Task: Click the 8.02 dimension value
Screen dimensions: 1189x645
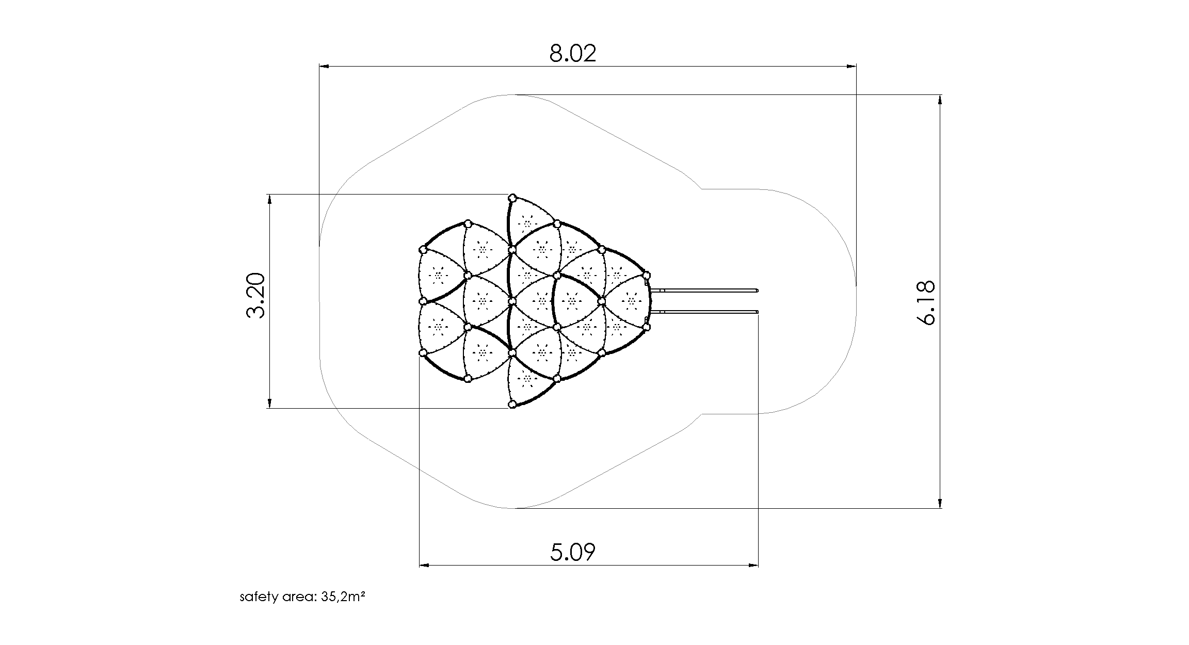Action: coord(572,53)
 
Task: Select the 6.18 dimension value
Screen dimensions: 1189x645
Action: coord(927,302)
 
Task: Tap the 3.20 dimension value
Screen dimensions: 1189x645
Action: coord(256,296)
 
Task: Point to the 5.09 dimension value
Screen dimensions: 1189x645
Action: coord(572,552)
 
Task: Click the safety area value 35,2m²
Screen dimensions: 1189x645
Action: coord(343,597)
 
